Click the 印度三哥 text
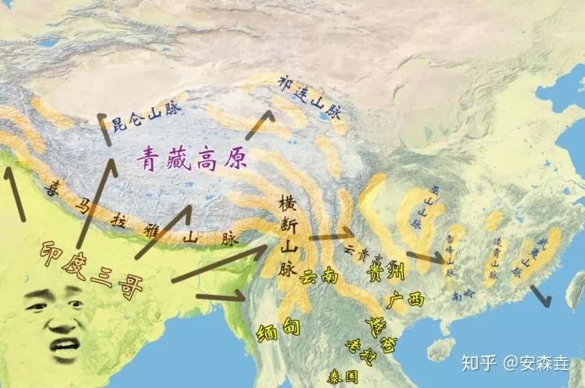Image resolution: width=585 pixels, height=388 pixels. (x=97, y=257)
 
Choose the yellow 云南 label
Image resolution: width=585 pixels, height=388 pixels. (x=318, y=276)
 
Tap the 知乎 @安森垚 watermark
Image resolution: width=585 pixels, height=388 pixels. (x=512, y=362)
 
